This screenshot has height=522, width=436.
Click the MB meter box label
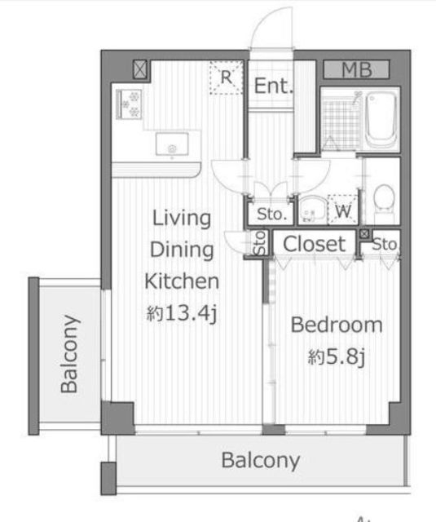pyautogui.click(x=356, y=69)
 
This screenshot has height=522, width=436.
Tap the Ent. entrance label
pyautogui.click(x=273, y=86)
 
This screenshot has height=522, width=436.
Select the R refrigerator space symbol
pyautogui.click(x=226, y=77)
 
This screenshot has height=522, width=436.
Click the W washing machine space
pyautogui.click(x=343, y=210)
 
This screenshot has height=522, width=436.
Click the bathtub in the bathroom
pyautogui.click(x=381, y=119)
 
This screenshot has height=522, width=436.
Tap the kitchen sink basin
pyautogui.click(x=172, y=144)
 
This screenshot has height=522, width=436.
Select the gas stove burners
pyautogui.click(x=129, y=104)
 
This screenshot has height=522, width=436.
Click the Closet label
pyautogui.click(x=315, y=244)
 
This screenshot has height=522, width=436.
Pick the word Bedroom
pyautogui.click(x=337, y=325)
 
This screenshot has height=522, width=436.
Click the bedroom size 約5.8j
pyautogui.click(x=337, y=356)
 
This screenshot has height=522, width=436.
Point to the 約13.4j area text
pyautogui.click(x=182, y=313)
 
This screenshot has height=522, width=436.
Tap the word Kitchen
pyautogui.click(x=182, y=281)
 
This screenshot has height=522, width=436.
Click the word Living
pyautogui.click(x=182, y=219)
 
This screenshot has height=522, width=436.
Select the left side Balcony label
pyautogui.click(x=70, y=354)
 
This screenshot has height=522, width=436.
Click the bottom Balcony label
pyautogui.click(x=261, y=461)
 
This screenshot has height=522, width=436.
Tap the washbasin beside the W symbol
pyautogui.click(x=312, y=210)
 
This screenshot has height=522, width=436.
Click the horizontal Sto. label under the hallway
pyautogui.click(x=271, y=214)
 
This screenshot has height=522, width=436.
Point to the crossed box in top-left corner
pyautogui.click(x=139, y=69)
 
